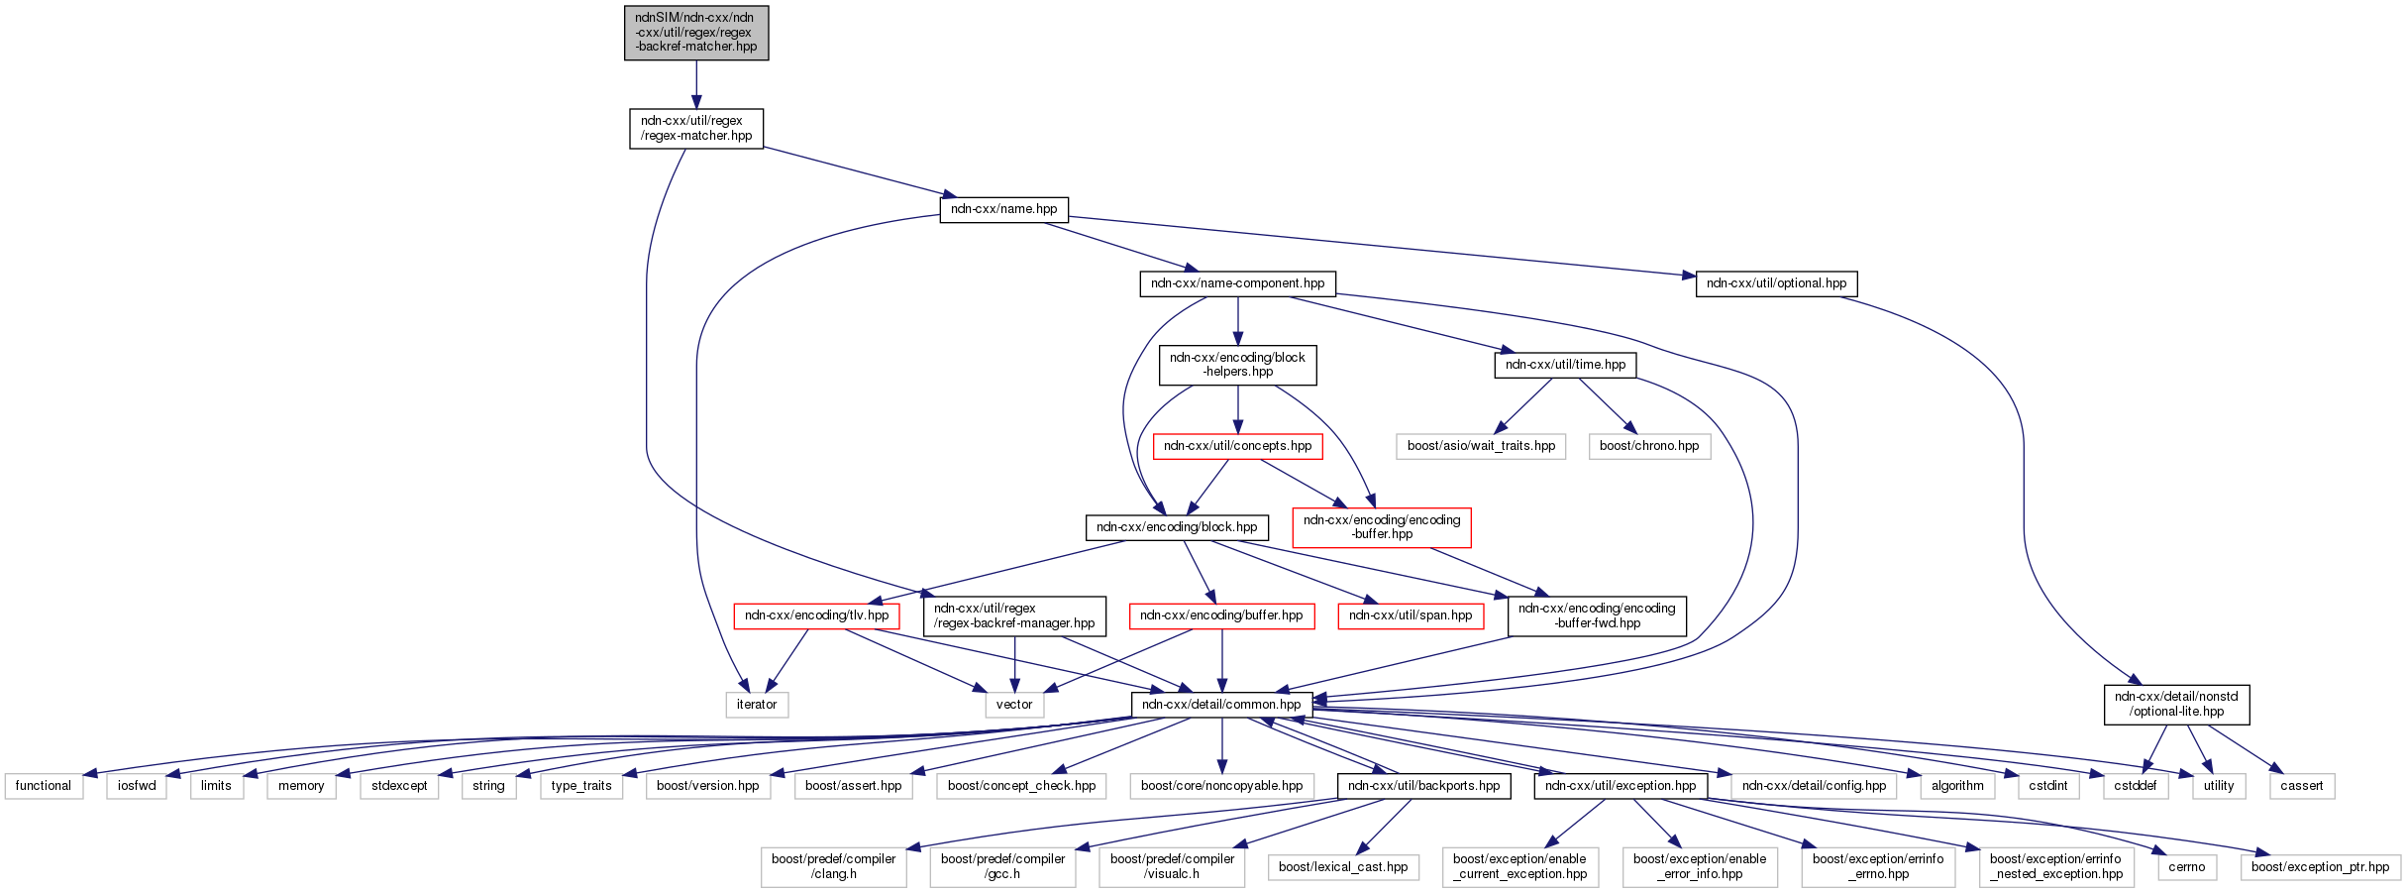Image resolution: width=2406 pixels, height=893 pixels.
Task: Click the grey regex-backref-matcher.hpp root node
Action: coord(696,33)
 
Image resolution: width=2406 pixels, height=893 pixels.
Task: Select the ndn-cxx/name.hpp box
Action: coord(1003,209)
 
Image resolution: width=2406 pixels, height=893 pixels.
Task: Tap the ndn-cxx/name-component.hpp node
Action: coord(1237,283)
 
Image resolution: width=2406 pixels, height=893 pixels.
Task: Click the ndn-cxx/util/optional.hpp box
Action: coord(1776,283)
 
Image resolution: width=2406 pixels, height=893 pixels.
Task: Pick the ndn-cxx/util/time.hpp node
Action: coord(1565,365)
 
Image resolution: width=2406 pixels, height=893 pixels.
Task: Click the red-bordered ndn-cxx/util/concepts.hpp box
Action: coord(1237,446)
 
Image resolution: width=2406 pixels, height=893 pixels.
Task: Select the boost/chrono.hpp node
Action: coord(1648,446)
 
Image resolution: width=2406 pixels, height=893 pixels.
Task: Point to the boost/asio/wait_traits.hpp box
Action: coord(1481,446)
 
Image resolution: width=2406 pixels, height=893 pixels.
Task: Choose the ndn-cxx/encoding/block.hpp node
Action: coord(1176,527)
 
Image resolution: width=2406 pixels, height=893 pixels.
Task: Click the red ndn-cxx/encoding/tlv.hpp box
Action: coord(816,615)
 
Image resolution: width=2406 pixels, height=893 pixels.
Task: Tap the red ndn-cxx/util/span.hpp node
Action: coord(1411,615)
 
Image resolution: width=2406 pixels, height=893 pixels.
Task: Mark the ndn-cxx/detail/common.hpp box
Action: coord(1221,705)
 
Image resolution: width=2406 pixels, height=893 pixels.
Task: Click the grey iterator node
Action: coord(757,705)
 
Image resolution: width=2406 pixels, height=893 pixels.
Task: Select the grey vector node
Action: coord(1014,705)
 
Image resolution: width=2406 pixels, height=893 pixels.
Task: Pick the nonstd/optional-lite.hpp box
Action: coord(2176,705)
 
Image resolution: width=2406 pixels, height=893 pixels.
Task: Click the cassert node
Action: coord(2301,786)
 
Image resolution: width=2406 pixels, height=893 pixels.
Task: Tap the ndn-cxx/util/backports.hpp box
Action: coord(1423,786)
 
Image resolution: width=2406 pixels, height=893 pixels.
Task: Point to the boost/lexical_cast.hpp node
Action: coord(1343,867)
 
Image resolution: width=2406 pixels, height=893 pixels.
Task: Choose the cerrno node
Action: coord(2186,867)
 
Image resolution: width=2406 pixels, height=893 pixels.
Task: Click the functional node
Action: coord(44,786)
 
